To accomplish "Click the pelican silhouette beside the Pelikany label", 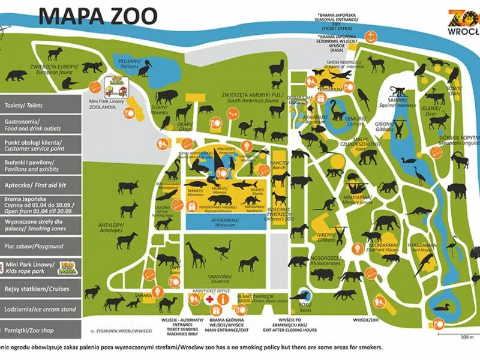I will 146,68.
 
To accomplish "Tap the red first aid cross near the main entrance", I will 210,299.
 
